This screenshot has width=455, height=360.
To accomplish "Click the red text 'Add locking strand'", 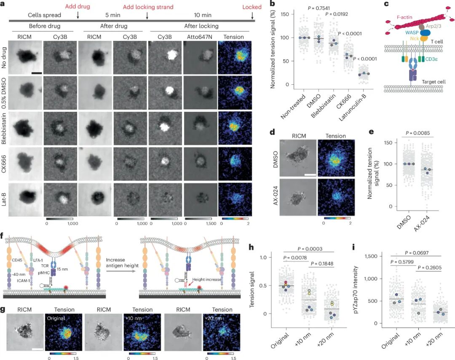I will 148,7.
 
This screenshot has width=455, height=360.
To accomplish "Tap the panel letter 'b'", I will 273,4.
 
